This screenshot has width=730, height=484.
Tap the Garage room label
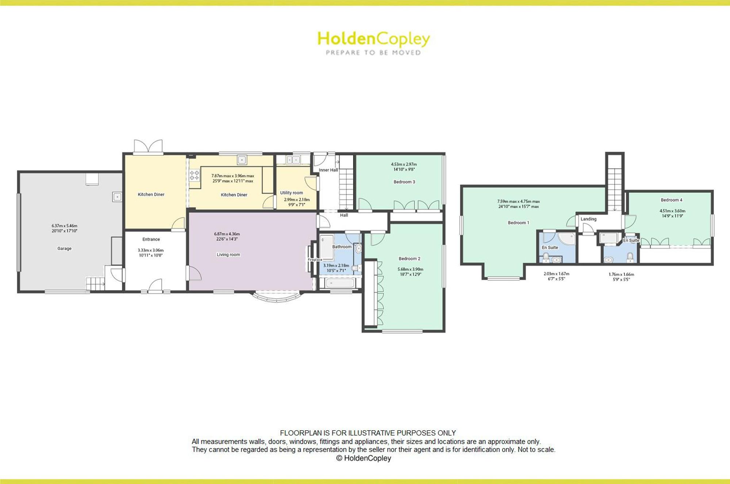64,249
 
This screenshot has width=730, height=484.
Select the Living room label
228,255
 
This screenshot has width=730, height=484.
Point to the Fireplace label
315,260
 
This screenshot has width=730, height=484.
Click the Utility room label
291,193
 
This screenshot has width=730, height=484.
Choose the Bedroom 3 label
404,182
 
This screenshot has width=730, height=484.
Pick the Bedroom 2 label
409,258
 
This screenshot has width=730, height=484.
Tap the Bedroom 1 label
518,223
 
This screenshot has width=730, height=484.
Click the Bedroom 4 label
671,200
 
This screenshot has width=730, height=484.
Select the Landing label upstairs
588,219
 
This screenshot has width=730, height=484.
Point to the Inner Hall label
328,170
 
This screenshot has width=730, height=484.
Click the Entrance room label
151,239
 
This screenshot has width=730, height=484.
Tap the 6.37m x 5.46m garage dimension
64,226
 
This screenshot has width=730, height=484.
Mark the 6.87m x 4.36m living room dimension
227,234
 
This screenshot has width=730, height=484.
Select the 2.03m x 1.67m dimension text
556,274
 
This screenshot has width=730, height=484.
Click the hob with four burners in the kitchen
194,175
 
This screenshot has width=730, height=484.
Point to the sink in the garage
117,197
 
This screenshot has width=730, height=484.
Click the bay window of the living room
277,296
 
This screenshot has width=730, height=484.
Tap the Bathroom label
342,247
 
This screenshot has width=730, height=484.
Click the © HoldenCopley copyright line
364,458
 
